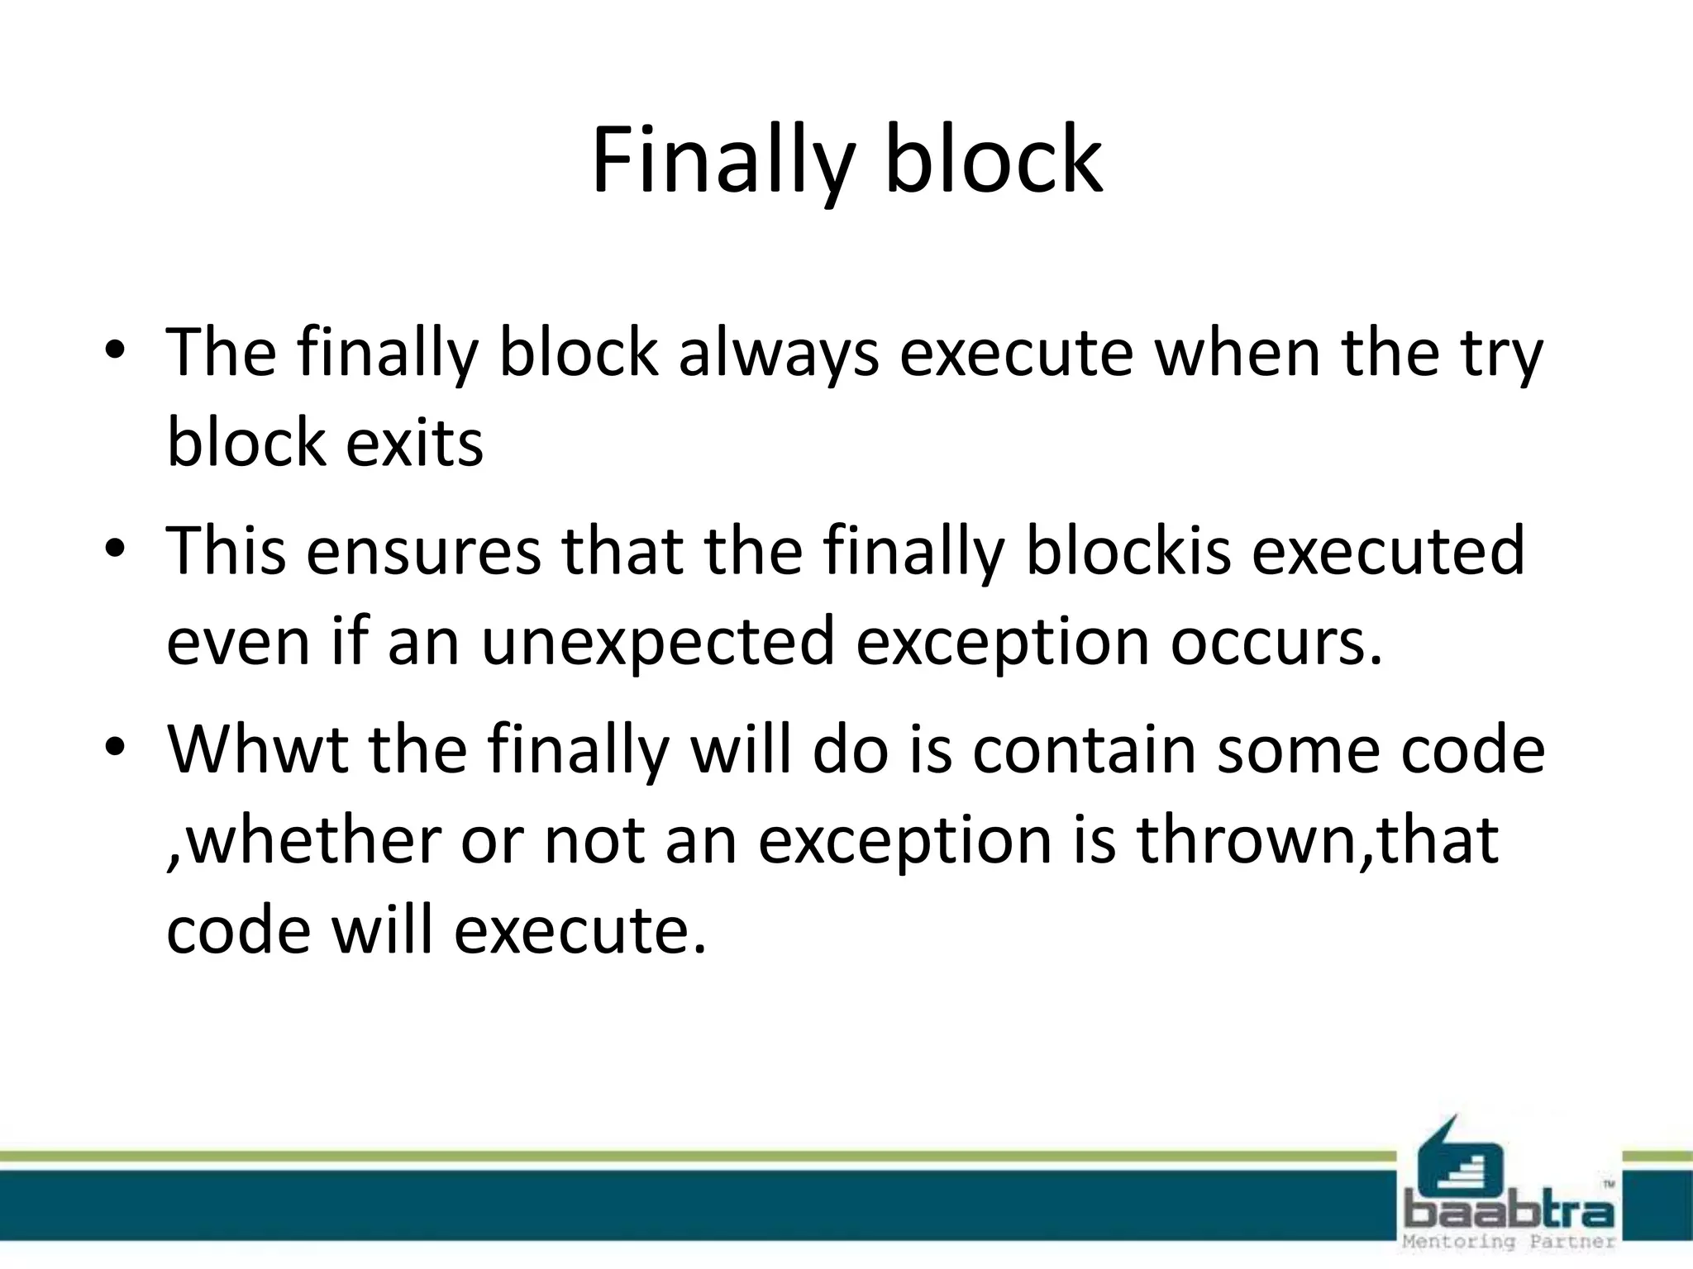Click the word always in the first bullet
click(x=778, y=354)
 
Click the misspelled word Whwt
click(x=257, y=749)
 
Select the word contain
click(x=1084, y=749)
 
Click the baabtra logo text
click(x=1509, y=1213)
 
